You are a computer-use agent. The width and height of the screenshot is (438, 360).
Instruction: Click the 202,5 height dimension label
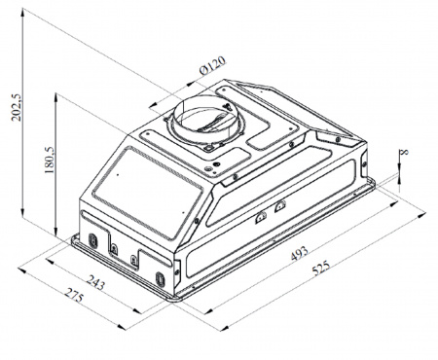[17, 107]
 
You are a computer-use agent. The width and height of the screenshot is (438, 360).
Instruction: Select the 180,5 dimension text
[50, 160]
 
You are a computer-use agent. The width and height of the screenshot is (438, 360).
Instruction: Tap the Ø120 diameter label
[212, 65]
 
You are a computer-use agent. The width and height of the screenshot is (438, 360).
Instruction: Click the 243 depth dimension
[95, 282]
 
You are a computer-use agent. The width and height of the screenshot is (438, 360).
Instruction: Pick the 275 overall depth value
[74, 295]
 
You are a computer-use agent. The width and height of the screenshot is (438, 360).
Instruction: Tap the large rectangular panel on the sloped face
[147, 192]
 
